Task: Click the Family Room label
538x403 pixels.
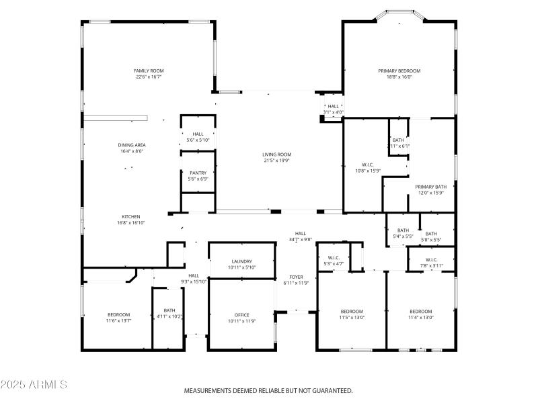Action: (149, 71)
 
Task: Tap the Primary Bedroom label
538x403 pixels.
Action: (399, 71)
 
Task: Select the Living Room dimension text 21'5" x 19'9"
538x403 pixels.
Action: (276, 161)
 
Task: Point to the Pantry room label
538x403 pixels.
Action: (198, 173)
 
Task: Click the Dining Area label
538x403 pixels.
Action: (132, 144)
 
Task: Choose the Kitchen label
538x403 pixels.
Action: (130, 216)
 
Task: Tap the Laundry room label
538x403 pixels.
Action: (241, 261)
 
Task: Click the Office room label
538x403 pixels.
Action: (241, 315)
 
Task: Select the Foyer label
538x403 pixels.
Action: (296, 277)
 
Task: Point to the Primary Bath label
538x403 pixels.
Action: (430, 187)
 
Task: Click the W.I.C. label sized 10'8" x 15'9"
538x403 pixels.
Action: (367, 164)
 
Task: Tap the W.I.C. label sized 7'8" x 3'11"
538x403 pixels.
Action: (432, 259)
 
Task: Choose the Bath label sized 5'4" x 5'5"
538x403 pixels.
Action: (403, 230)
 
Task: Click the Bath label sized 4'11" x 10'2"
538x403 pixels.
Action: (169, 310)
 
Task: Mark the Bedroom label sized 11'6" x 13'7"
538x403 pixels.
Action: (119, 314)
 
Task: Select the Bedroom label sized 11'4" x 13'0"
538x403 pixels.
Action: (421, 311)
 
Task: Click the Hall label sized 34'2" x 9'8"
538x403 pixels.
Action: (300, 233)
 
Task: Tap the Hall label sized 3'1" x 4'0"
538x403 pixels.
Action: (333, 106)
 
